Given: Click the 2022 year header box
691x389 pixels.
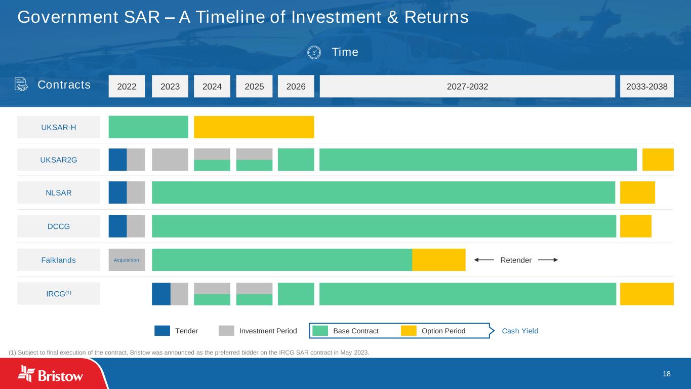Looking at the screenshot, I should click(127, 87).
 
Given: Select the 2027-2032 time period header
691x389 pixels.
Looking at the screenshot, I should click(467, 87).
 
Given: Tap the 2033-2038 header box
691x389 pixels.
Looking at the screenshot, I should click(646, 87).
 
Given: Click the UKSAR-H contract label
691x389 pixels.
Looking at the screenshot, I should click(59, 127).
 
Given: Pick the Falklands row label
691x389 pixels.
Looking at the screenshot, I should click(59, 260).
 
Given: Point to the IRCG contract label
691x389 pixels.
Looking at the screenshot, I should click(59, 294).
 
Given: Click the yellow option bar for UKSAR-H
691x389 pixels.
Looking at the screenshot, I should click(254, 127).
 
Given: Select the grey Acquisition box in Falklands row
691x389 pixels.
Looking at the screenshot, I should click(127, 260).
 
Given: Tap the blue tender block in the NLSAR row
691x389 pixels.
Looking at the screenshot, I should click(117, 192).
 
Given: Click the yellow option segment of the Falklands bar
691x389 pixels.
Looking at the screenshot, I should click(438, 260).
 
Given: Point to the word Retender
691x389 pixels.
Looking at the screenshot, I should click(516, 260).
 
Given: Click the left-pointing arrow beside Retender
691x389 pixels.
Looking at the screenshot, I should click(484, 260).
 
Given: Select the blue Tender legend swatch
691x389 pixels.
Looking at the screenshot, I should click(162, 331).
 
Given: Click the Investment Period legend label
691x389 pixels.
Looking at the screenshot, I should click(268, 331).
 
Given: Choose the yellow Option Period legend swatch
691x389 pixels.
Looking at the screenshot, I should click(409, 331).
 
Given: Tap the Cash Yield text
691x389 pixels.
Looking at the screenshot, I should click(520, 331).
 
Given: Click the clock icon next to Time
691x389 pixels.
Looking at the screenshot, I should click(314, 52).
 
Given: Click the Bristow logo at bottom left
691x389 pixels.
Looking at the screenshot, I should click(51, 374).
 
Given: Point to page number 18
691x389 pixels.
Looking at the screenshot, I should click(666, 374).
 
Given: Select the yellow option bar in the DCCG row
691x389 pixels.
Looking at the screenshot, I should click(635, 226).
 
